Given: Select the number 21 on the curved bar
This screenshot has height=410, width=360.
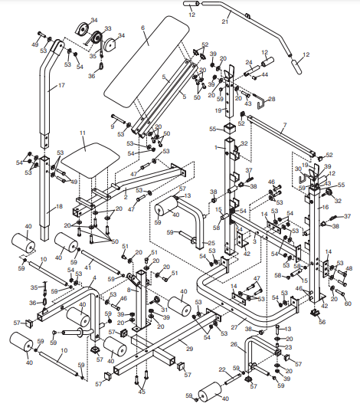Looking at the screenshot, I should click(x=225, y=22).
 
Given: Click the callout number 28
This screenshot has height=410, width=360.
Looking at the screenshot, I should click(x=271, y=100).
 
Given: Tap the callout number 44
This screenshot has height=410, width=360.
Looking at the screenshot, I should click(x=265, y=76).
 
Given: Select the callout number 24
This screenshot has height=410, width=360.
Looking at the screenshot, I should click(x=248, y=62).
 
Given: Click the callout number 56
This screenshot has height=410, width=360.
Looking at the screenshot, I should click(x=322, y=323).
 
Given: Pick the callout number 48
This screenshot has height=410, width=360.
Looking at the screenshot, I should click(x=349, y=269).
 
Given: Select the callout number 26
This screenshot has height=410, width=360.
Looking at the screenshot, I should click(x=234, y=344).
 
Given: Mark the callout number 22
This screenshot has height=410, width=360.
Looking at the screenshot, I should click(x=221, y=370).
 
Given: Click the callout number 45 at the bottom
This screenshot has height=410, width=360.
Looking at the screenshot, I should click(x=141, y=392).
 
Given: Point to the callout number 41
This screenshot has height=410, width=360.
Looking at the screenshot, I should click(x=88, y=267).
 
